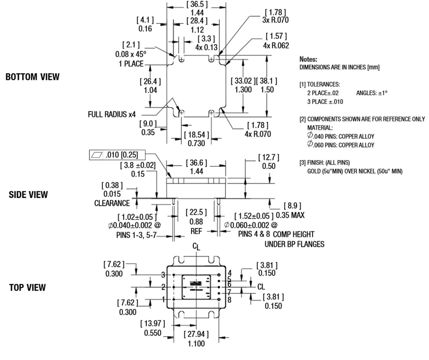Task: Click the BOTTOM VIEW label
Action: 32,77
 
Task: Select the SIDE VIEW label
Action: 28,195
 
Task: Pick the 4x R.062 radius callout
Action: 276,45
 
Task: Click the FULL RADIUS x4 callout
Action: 112,114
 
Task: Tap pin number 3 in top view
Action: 163,275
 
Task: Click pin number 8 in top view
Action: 229,300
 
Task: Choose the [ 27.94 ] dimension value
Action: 196,335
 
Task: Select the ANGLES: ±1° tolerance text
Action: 371,93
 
